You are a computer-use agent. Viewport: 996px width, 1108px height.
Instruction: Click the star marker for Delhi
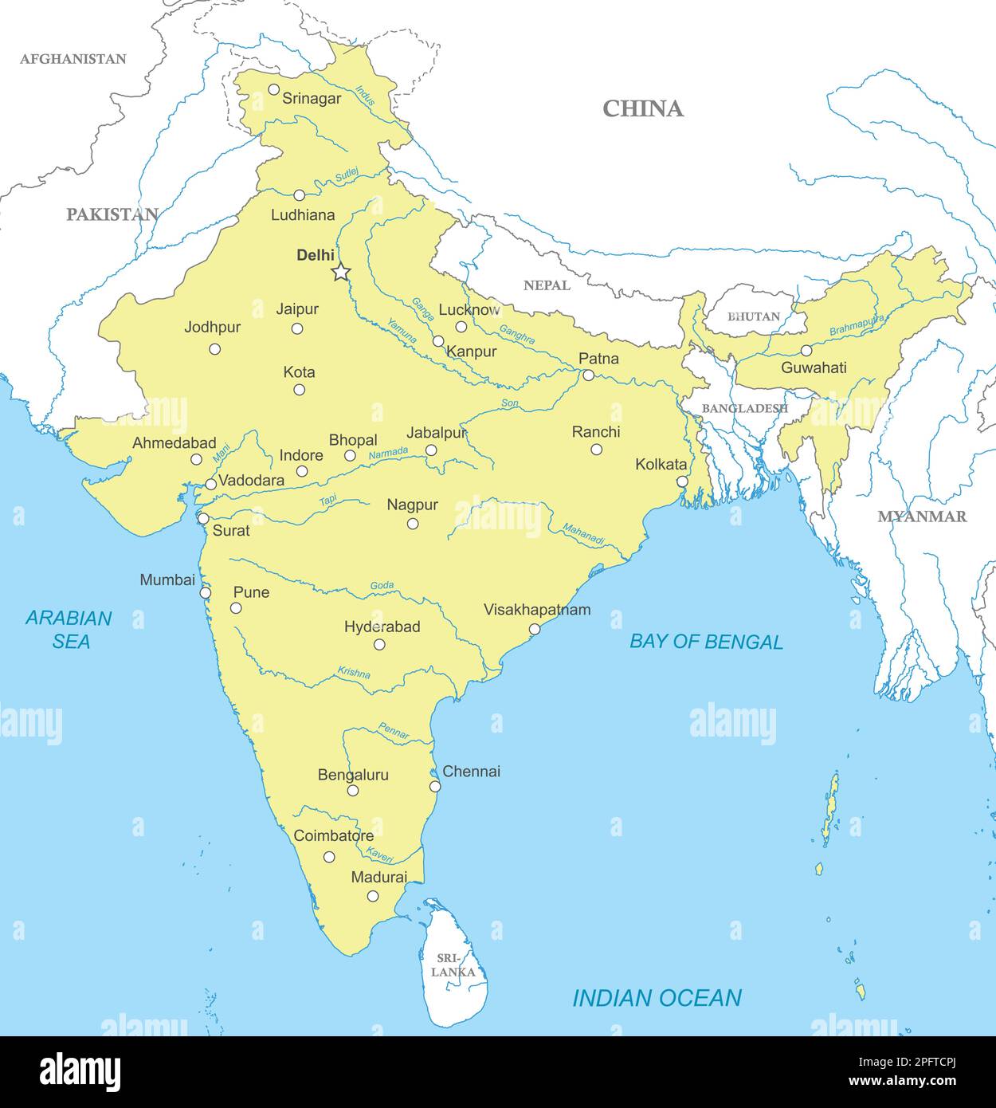click(x=341, y=273)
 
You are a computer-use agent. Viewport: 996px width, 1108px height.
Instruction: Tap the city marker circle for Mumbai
click(x=206, y=593)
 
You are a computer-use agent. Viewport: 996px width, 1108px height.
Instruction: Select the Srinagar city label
click(x=312, y=99)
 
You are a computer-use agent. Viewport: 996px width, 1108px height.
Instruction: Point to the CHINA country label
click(x=642, y=109)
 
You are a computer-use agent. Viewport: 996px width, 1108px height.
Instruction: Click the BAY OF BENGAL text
click(x=706, y=642)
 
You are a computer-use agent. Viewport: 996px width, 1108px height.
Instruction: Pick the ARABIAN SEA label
click(x=69, y=629)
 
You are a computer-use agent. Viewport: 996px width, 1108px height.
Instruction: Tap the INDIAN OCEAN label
click(x=657, y=998)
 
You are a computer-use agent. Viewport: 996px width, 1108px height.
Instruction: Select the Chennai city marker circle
click(x=435, y=787)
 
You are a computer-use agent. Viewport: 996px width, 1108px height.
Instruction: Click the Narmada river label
click(x=388, y=453)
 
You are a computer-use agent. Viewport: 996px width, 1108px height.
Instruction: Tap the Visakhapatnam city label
click(x=537, y=610)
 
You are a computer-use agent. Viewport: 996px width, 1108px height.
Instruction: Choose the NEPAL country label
click(x=547, y=285)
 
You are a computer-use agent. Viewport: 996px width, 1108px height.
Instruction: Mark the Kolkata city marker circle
click(x=682, y=481)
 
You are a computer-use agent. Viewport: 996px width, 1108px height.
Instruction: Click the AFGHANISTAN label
click(x=73, y=59)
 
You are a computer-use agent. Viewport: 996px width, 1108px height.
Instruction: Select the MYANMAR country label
click(x=922, y=517)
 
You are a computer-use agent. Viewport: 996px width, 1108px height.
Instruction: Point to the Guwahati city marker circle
click(x=806, y=351)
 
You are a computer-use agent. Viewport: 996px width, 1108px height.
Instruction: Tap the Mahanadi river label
click(x=583, y=534)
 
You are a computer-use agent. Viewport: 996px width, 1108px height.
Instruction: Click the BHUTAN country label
click(x=753, y=316)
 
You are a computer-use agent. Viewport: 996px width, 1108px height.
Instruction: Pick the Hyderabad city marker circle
click(x=379, y=644)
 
